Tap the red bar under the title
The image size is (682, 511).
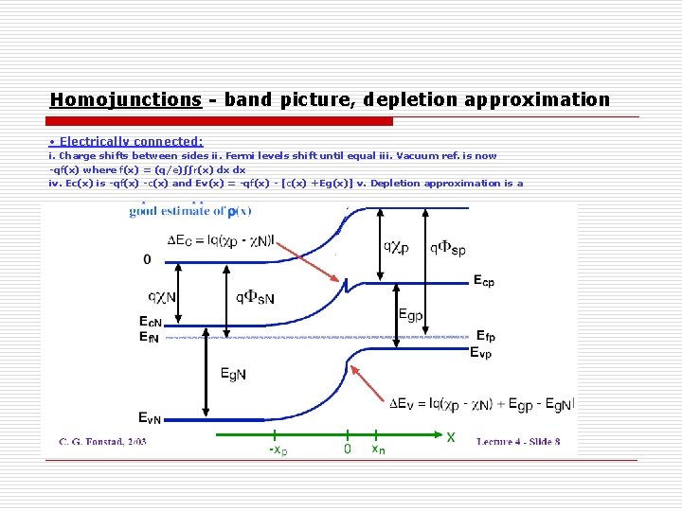[x=221, y=122]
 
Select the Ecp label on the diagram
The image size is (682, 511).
[x=483, y=281]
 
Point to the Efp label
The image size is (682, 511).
[x=484, y=336]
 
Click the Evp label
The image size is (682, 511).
[x=481, y=353]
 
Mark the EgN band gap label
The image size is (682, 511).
[x=233, y=374]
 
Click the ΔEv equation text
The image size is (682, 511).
[x=481, y=404]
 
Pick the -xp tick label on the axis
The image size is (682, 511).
[x=277, y=450]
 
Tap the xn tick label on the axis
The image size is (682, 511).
[x=378, y=449]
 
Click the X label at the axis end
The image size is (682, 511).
[x=451, y=437]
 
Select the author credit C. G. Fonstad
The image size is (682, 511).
[x=103, y=441]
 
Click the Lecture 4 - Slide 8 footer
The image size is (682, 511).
[x=518, y=441]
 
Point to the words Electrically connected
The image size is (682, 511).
[x=132, y=142]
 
